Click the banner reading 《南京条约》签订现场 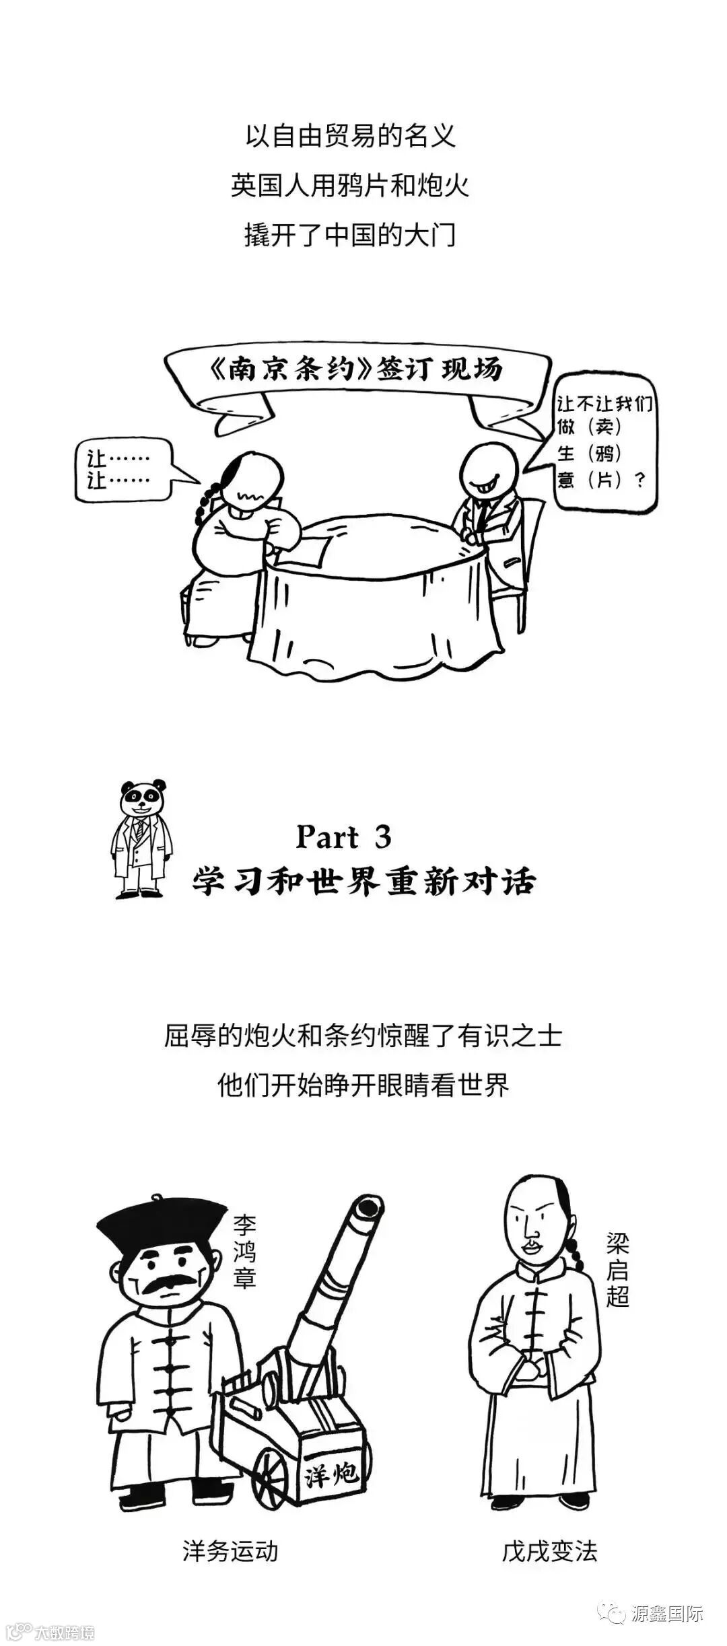[x=357, y=371]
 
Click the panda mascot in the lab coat [x=141, y=837]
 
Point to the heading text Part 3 [x=343, y=837]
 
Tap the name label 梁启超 [x=617, y=1268]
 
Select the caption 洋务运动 [x=230, y=1551]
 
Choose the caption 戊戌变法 [x=549, y=1551]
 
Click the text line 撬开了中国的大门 [x=349, y=236]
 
